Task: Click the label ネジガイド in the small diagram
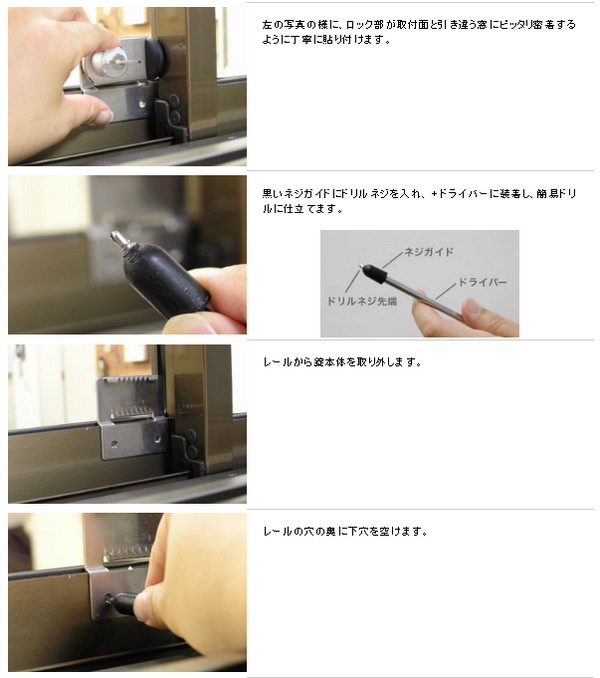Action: (x=428, y=252)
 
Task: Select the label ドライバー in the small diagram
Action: (x=482, y=282)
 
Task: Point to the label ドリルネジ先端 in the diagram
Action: (x=361, y=301)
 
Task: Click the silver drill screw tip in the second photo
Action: (x=118, y=239)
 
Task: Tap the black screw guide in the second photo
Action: (x=166, y=281)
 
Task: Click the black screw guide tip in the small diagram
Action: (x=373, y=273)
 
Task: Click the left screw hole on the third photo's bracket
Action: (x=114, y=444)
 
